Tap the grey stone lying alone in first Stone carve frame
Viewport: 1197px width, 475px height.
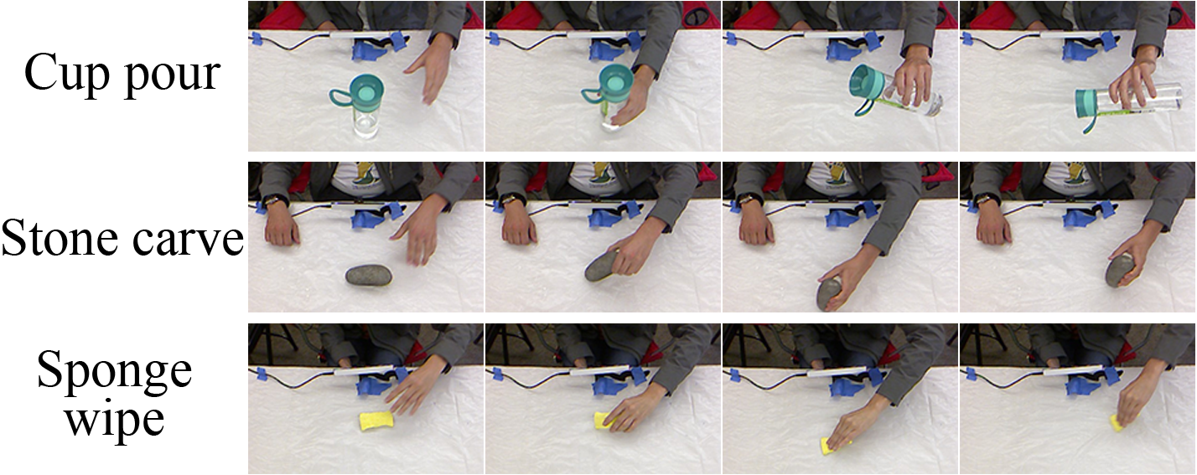point(369,276)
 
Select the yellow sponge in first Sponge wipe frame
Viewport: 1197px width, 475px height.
point(376,421)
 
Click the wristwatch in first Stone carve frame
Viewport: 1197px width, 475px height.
point(273,200)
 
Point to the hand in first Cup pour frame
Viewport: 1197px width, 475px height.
point(431,68)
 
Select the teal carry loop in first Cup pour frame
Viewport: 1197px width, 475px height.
point(339,97)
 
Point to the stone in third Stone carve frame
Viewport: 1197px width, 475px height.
point(829,294)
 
